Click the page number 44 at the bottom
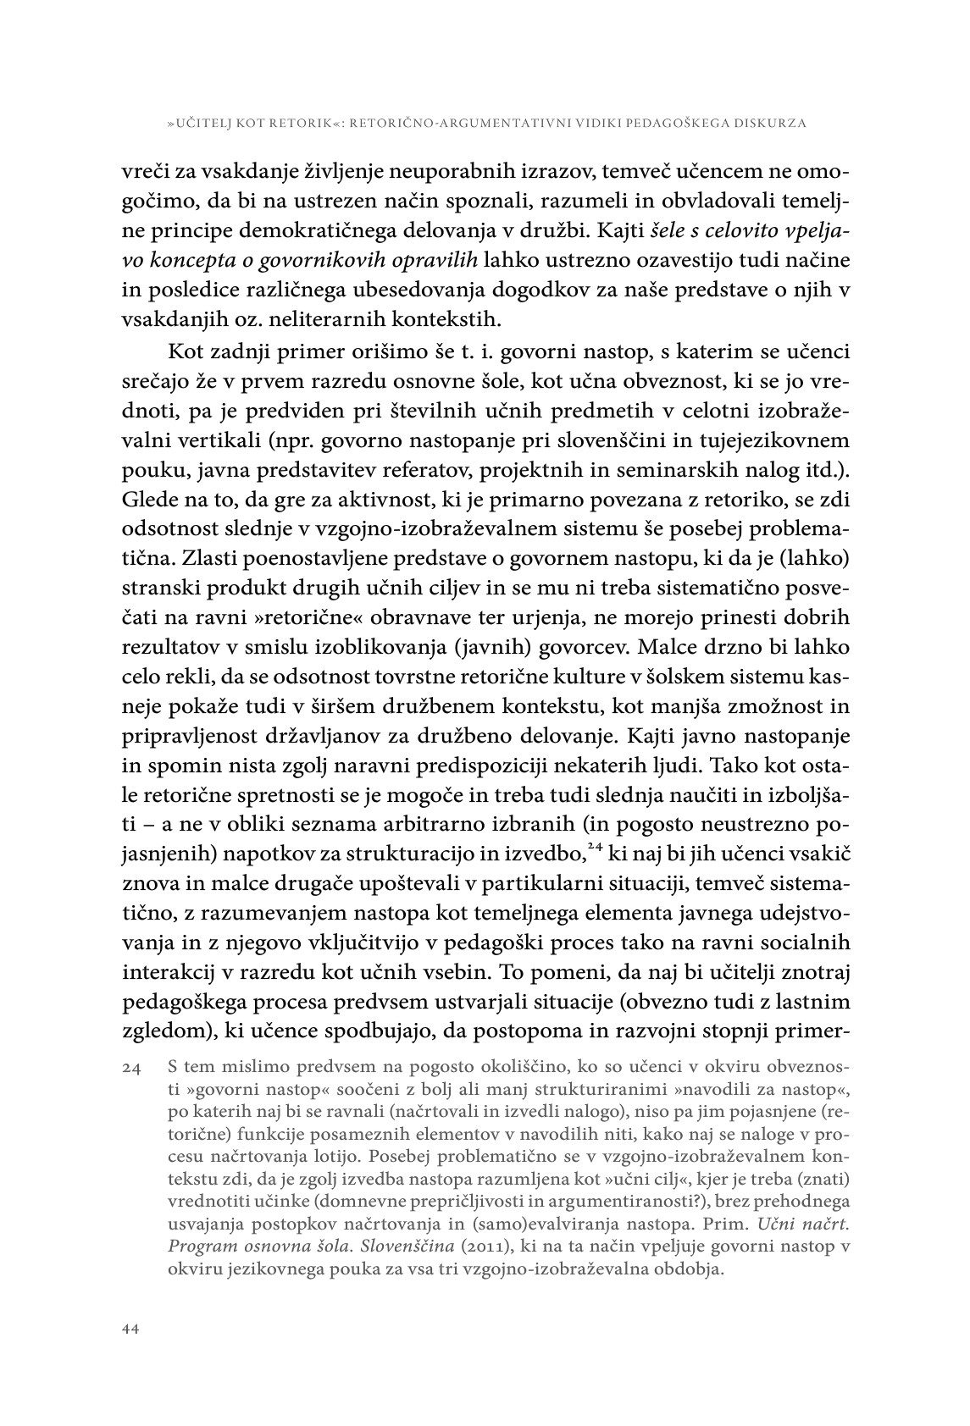pyautogui.click(x=130, y=1329)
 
